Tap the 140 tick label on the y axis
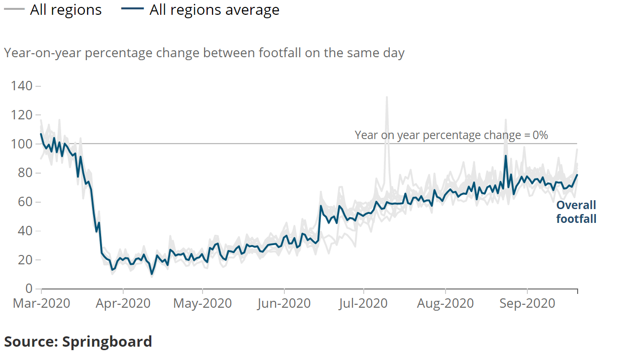[x=22, y=86]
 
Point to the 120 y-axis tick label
[x=22, y=115]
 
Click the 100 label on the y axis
[x=22, y=144]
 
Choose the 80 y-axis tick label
[x=25, y=173]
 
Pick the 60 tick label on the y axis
[x=25, y=202]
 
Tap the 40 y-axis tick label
[x=25, y=231]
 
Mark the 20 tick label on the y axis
[x=25, y=260]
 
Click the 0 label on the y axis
[x=29, y=288]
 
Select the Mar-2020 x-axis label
[x=41, y=303]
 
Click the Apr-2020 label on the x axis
[x=123, y=303]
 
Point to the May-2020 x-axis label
[x=203, y=303]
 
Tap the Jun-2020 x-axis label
[x=284, y=303]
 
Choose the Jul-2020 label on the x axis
[x=364, y=303]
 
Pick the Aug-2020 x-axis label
[x=445, y=303]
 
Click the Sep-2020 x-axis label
[x=527, y=303]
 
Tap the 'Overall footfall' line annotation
[x=576, y=212]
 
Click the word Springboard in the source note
[x=107, y=341]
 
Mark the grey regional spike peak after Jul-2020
[x=386, y=97]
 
